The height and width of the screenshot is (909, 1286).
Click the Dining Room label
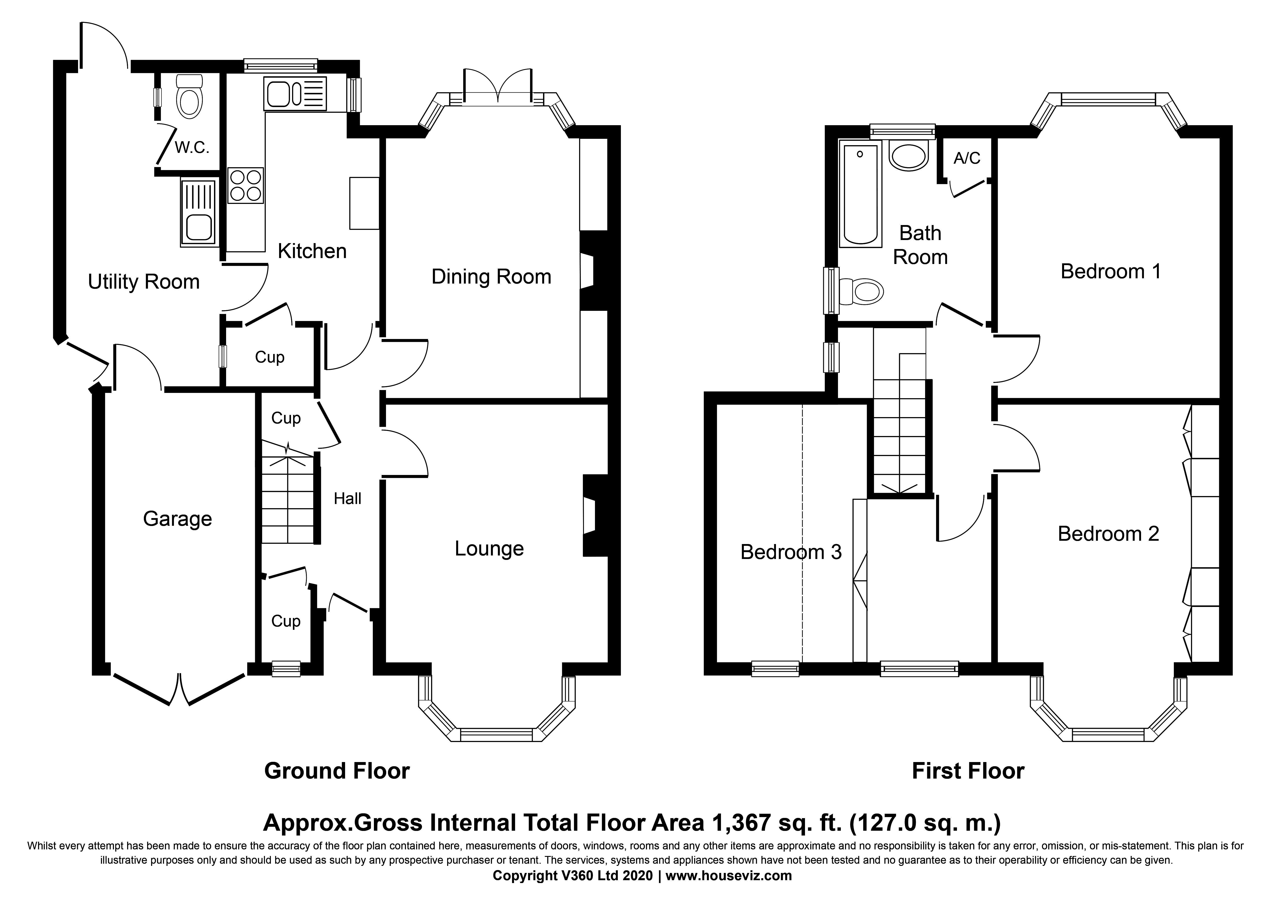point(491,277)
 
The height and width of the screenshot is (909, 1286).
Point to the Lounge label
point(489,549)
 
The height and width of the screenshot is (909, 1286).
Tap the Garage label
point(177,519)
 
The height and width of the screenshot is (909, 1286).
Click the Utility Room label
point(144,282)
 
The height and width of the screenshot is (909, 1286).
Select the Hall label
point(347,498)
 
